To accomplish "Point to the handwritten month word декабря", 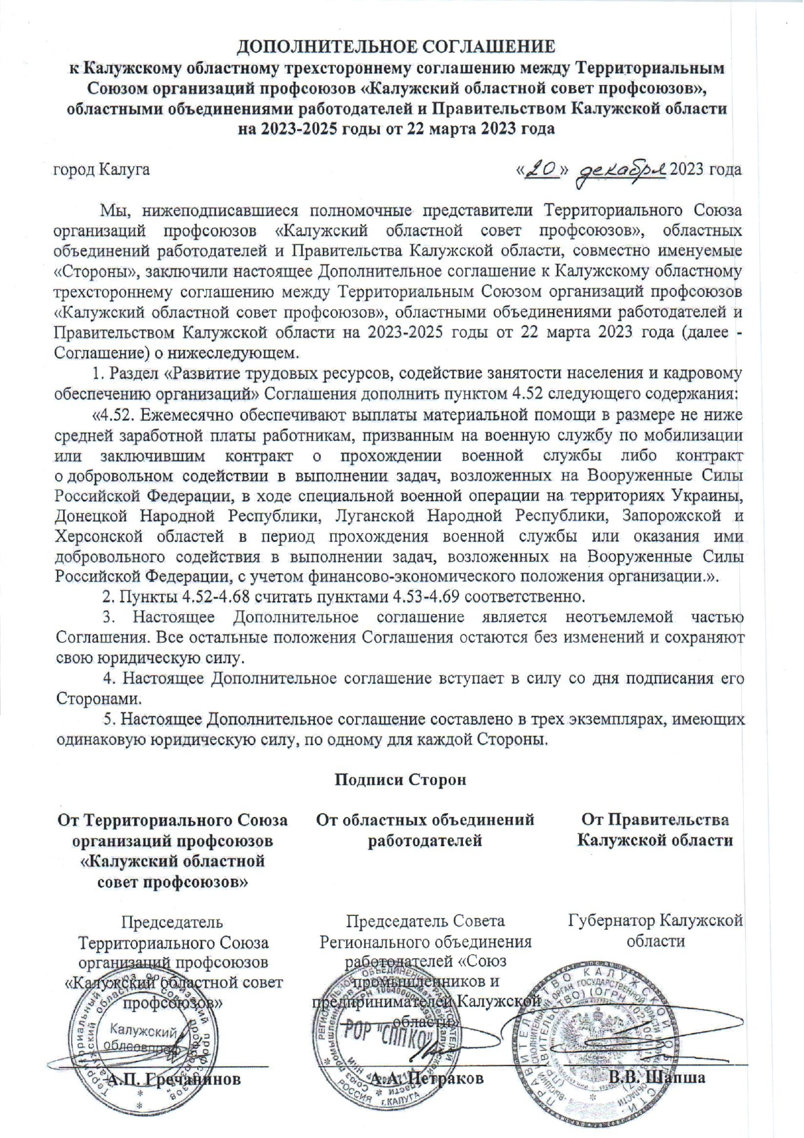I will (x=621, y=171).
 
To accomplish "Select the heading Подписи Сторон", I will (x=400, y=779).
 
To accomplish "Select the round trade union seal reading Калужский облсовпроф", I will (x=139, y=1044).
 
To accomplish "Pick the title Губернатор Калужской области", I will (x=656, y=931).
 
